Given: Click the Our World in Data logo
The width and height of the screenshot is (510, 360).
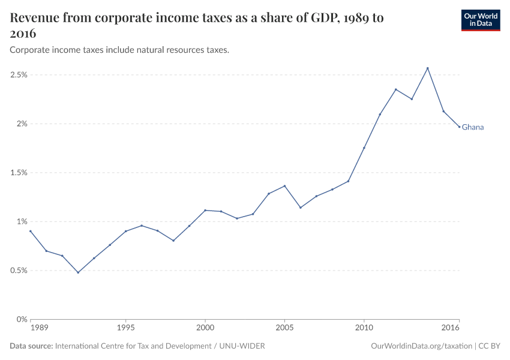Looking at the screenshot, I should point(480,20).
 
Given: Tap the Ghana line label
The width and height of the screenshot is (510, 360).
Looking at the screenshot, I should point(473,127).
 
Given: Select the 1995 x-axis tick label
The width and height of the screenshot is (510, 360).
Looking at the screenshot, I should point(125,328).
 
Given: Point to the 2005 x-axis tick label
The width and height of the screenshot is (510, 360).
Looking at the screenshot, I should point(284,328).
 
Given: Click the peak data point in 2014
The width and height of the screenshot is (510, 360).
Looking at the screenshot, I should point(428,68).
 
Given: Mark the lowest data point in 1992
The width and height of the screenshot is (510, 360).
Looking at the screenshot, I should point(78,272).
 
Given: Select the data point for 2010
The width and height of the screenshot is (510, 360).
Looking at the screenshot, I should point(364,148).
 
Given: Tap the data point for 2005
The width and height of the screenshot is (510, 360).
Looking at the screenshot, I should point(284,186).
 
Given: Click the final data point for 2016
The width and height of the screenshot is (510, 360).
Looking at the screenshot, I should point(460,127).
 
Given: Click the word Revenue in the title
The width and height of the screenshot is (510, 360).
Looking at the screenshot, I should point(35,18).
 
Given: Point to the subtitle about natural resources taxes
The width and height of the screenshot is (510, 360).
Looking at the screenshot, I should point(119,50).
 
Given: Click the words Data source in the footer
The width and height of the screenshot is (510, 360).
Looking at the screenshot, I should point(31,346).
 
